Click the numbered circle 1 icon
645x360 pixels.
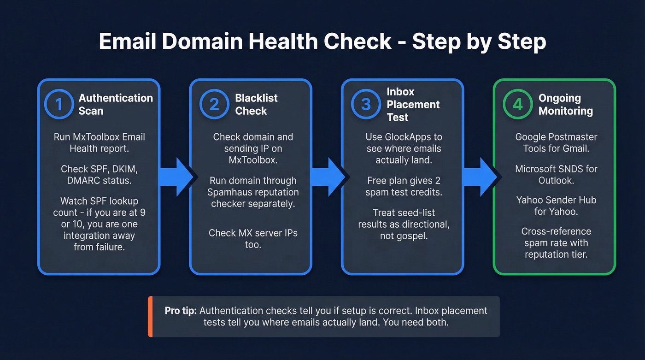coord(59,104)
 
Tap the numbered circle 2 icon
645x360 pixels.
coord(214,104)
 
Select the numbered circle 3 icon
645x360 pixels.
coord(366,104)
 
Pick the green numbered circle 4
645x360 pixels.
coord(518,104)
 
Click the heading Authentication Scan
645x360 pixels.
coord(116,104)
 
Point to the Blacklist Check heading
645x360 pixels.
coord(256,104)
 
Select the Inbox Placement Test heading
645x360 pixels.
coord(413,105)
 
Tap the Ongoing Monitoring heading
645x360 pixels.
coord(565,104)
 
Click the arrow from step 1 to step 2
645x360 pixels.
coord(177,177)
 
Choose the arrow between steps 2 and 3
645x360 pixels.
coord(328,177)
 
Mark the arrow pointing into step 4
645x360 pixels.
coord(480,177)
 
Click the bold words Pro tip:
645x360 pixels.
coord(181,311)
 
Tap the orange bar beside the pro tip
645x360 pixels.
coord(150,317)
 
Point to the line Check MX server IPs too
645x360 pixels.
coord(253,238)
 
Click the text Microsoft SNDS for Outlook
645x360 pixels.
coord(556,174)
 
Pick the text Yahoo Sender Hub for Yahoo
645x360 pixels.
coord(556,206)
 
